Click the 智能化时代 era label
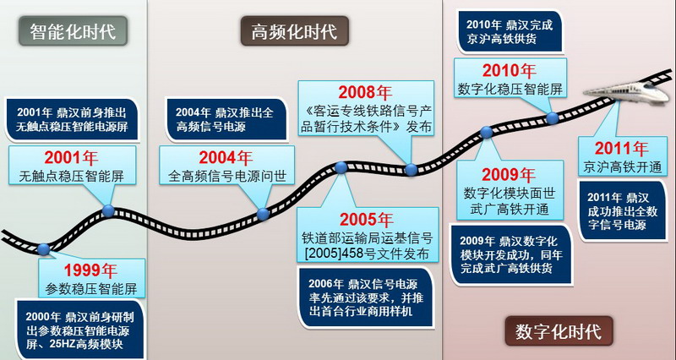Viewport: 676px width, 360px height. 73,31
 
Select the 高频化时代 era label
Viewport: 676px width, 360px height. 294,31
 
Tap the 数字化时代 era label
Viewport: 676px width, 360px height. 559,331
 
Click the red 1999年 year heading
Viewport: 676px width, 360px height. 90,270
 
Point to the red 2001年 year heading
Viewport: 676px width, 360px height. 71,158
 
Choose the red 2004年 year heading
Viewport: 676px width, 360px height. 226,158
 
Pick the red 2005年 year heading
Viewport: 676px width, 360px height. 367,220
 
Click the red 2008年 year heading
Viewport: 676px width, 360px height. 365,92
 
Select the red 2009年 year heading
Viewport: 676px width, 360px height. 509,174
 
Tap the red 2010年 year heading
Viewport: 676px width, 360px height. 510,71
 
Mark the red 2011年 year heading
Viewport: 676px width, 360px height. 622,149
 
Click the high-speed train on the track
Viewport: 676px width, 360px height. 626,91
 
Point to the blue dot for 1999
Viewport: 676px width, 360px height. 44,249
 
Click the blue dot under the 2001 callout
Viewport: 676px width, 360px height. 108,210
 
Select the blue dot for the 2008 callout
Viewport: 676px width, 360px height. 412,170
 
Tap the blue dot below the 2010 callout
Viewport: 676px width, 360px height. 553,117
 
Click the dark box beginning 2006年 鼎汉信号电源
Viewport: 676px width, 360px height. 365,298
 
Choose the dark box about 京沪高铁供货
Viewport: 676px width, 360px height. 510,32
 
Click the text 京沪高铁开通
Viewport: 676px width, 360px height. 622,166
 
